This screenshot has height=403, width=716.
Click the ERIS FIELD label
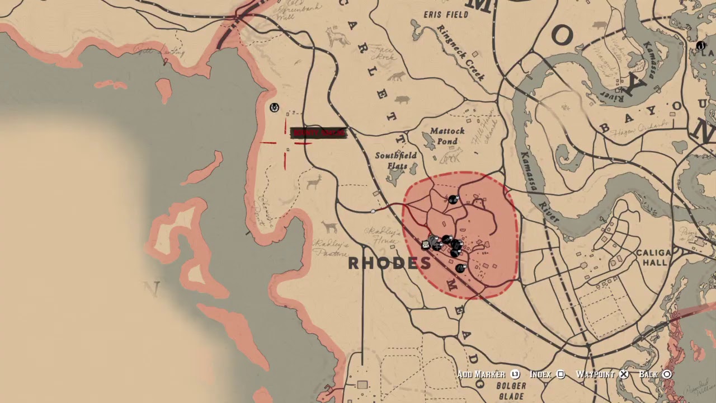tap(446, 15)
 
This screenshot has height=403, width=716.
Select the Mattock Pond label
tap(447, 136)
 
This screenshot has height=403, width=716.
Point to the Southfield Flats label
tap(397, 161)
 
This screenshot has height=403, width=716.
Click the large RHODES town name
tap(389, 264)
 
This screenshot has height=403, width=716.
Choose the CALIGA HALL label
tap(653, 257)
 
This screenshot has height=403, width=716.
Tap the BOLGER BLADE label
tap(510, 391)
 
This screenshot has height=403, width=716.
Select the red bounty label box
tap(318, 133)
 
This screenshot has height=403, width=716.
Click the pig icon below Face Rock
tap(402, 100)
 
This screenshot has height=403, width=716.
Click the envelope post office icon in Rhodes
tap(426, 245)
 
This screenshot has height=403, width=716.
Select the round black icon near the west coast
tap(274, 107)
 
